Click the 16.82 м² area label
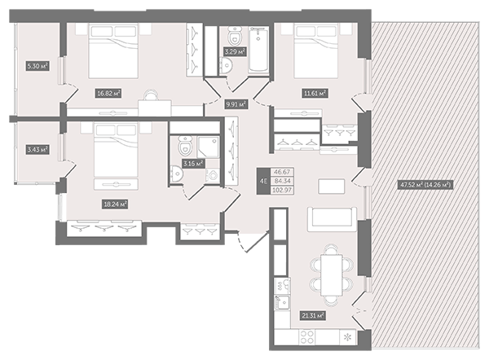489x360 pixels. pos(108,93)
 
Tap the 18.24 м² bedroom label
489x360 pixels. pos(116,204)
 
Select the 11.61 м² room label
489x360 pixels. pos(315,93)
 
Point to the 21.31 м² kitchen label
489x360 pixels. pos(313,315)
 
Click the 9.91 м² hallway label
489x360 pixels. pos(236,104)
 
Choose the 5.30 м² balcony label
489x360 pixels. pos(37,66)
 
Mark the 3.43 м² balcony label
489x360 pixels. pos(37,150)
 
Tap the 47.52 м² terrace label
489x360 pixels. pos(425,185)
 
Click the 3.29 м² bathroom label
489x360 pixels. pos(235,51)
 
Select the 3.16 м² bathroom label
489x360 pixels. pos(193,164)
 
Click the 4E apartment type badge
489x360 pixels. pos(263,181)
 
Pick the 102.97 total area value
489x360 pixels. pos(282,190)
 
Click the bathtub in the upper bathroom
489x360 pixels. pos(258,50)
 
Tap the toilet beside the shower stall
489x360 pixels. pos(185,145)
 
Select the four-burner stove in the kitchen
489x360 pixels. pos(307,336)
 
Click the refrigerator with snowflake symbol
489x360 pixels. pos(348,337)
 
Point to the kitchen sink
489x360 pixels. pos(283,302)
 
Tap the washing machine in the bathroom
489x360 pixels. pos(213,175)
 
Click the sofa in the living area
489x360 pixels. pos(333,219)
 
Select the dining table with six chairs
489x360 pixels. pos(332,275)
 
